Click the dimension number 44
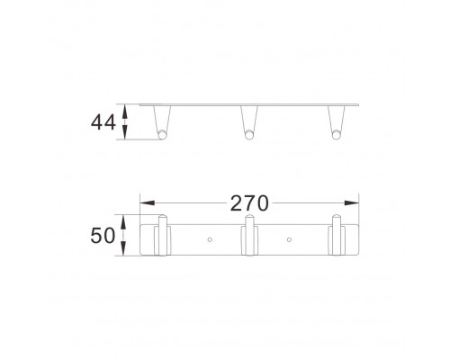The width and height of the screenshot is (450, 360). [103, 122]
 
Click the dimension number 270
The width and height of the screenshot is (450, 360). [249, 203]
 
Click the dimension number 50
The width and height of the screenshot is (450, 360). [103, 236]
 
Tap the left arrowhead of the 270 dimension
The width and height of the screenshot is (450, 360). [148, 203]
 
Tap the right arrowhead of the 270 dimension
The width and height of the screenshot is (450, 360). [352, 203]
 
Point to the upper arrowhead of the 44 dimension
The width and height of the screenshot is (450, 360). [125, 112]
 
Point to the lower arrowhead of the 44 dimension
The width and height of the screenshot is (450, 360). [125, 132]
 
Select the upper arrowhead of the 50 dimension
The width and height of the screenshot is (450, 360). [123, 221]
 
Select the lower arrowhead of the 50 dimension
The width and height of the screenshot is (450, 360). [123, 248]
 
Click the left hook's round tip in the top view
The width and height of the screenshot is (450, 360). [162, 135]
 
